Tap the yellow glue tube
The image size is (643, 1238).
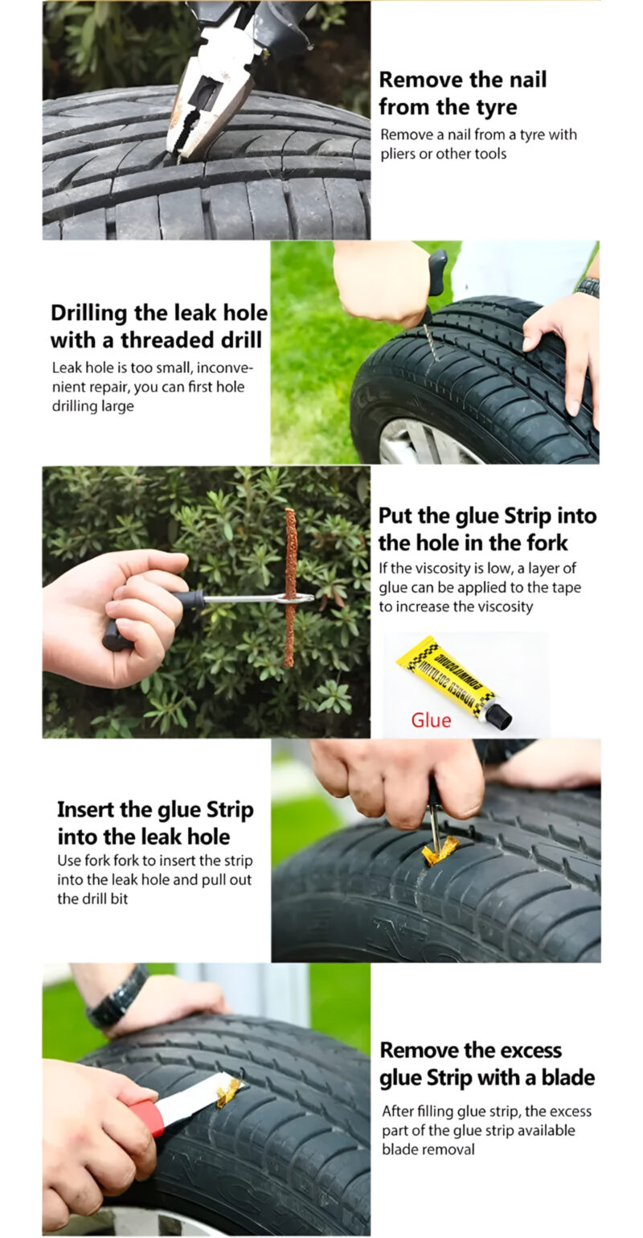pos(446,676)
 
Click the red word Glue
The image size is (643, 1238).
pos(431,720)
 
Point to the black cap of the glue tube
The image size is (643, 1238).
pos(499,715)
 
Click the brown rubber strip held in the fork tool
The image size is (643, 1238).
pos(290,587)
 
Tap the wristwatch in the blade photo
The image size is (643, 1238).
pos(117,996)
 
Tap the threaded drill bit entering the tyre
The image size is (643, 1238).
pos(428,341)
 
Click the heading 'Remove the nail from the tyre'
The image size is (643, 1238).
pos(462,93)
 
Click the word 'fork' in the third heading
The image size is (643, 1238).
pos(546,542)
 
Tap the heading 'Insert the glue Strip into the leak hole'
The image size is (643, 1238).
pos(155,822)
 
